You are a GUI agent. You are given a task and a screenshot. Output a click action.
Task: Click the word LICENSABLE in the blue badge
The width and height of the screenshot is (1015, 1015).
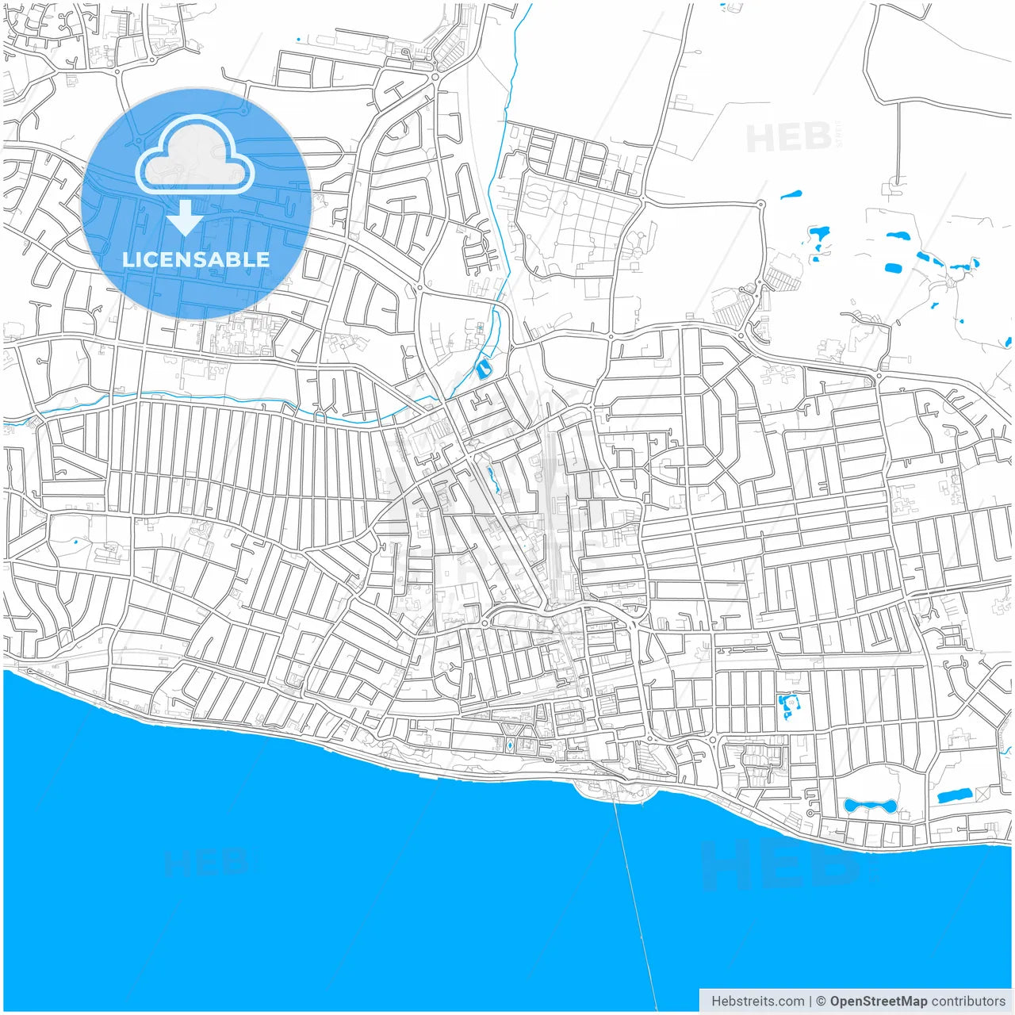(x=196, y=259)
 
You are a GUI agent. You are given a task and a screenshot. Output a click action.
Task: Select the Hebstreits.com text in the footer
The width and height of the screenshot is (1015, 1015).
(x=757, y=1002)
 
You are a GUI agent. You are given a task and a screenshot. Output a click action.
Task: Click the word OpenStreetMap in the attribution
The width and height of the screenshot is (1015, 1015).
(x=878, y=1002)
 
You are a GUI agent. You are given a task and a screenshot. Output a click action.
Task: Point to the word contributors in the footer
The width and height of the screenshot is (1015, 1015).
(x=968, y=1002)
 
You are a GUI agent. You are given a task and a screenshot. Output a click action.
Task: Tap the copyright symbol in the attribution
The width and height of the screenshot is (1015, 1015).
(x=821, y=1002)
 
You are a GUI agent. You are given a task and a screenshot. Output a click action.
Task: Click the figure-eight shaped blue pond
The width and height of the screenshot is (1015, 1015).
(x=869, y=806)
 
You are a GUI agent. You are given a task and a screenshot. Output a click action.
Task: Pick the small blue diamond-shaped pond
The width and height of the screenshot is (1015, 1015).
(x=509, y=745)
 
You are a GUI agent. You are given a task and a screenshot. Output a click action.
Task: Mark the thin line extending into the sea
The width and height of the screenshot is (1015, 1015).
(x=634, y=896)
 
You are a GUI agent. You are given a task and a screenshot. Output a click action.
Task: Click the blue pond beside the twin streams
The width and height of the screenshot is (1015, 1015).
(x=483, y=368)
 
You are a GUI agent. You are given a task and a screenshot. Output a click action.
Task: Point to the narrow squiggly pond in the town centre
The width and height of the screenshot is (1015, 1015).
(x=493, y=478)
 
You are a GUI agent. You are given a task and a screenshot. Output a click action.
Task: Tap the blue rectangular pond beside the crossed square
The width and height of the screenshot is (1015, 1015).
(x=954, y=795)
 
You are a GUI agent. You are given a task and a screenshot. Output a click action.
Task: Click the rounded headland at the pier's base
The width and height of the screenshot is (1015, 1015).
(x=611, y=788)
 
